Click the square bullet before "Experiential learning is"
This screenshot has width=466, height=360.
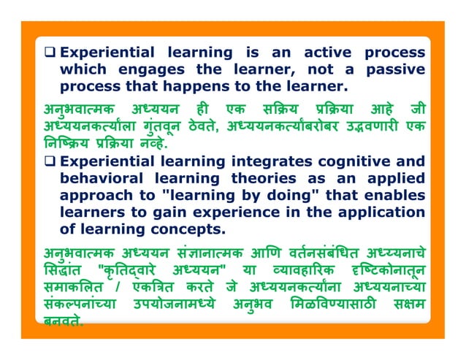(x=50, y=53)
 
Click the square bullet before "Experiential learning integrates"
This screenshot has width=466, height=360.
(x=50, y=161)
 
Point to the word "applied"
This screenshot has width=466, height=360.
(x=391, y=178)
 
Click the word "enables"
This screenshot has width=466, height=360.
(x=394, y=195)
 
